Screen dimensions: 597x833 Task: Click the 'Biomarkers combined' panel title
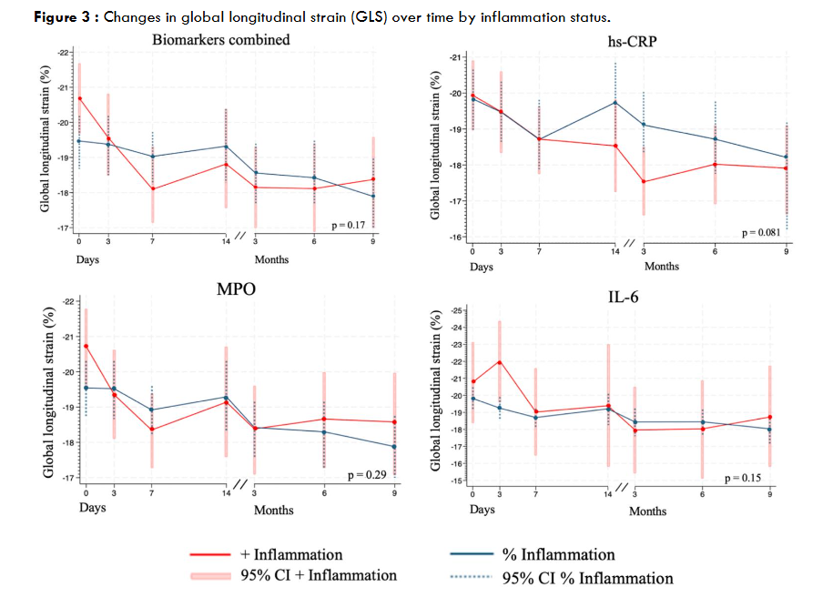pos(221,39)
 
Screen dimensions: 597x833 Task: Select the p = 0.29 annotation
pos(370,475)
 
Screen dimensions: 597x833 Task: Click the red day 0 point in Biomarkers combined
pos(79,98)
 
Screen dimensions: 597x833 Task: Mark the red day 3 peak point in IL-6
pos(499,361)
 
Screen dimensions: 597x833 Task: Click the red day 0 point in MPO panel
pos(86,346)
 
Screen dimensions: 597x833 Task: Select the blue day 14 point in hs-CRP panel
pos(615,103)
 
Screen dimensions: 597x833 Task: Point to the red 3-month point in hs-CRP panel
pos(644,181)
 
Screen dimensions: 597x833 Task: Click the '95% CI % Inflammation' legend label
pos(588,578)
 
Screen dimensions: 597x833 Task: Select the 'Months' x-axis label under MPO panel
pos(273,510)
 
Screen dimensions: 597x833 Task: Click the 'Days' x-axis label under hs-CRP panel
pos(482,267)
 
